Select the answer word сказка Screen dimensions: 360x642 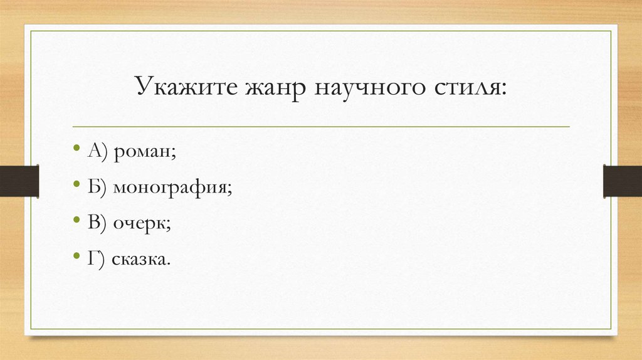[x=141, y=258]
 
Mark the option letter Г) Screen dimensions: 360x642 [x=96, y=258]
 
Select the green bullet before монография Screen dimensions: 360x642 [x=76, y=186]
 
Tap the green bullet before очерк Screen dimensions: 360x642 [x=76, y=221]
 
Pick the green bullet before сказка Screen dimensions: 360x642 [x=76, y=256]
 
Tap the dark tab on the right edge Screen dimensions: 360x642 [x=622, y=181]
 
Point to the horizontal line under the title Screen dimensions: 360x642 [x=321, y=126]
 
